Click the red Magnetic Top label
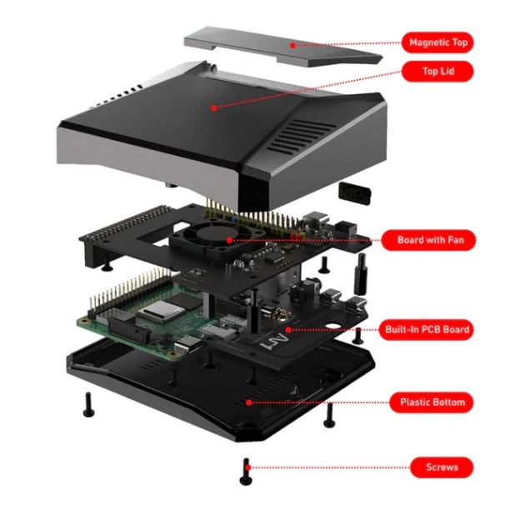437,42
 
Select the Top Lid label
437,71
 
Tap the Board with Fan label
428,240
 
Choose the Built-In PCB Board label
427,329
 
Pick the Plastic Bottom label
432,402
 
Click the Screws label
442,467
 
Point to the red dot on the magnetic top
292,46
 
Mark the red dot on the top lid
213,108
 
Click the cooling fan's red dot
229,240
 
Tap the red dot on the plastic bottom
249,402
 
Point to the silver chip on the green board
162,311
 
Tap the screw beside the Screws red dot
246,472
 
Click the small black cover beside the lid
354,193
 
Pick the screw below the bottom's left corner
88,405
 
